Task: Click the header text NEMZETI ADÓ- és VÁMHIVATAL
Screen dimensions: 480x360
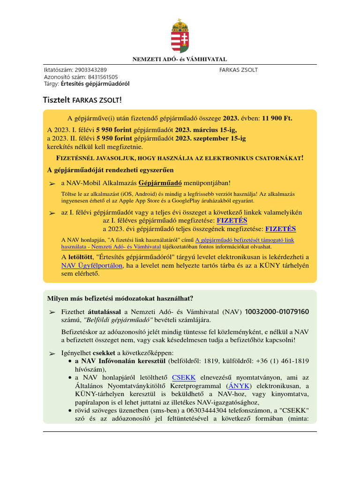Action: [x=180, y=60]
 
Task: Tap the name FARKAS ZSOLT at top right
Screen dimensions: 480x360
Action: [x=238, y=70]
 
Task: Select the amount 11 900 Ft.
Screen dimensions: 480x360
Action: [x=277, y=119]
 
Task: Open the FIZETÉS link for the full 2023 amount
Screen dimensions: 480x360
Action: [x=280, y=229]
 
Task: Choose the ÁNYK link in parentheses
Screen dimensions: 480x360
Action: [x=238, y=386]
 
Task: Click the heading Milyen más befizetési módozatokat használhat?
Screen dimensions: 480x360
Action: [x=120, y=299]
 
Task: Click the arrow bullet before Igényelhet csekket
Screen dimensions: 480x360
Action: [x=52, y=352]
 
